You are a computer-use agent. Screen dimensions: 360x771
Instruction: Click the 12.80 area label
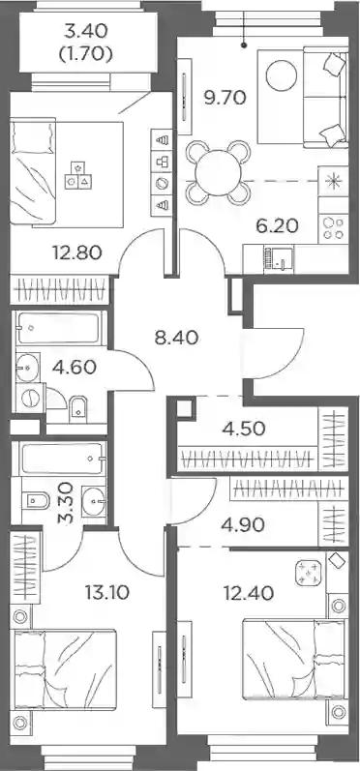click(77, 252)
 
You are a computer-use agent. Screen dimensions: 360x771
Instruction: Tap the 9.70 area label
click(225, 99)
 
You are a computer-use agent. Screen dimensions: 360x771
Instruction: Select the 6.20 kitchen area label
click(277, 226)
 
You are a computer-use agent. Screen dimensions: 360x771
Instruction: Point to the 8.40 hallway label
click(176, 338)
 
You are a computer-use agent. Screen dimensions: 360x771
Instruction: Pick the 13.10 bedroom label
click(106, 593)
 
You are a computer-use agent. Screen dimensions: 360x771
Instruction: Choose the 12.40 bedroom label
click(248, 594)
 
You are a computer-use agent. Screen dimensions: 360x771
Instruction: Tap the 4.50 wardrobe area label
click(245, 429)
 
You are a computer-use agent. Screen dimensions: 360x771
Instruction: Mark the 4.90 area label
click(244, 525)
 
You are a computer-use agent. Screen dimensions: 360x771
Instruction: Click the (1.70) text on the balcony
click(85, 53)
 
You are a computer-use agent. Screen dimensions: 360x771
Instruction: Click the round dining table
click(219, 172)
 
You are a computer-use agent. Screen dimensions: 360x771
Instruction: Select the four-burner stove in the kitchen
click(334, 228)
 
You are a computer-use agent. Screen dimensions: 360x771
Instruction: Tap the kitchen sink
click(278, 258)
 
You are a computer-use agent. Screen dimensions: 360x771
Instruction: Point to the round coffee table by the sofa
click(282, 75)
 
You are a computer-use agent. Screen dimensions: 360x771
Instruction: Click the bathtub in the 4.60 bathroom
click(60, 328)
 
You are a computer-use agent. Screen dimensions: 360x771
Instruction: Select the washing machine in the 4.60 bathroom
click(30, 398)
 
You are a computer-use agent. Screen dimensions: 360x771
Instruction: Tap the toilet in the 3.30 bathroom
click(36, 501)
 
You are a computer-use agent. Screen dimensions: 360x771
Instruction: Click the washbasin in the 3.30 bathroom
click(95, 501)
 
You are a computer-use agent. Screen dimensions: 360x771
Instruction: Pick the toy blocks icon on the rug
click(78, 174)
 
